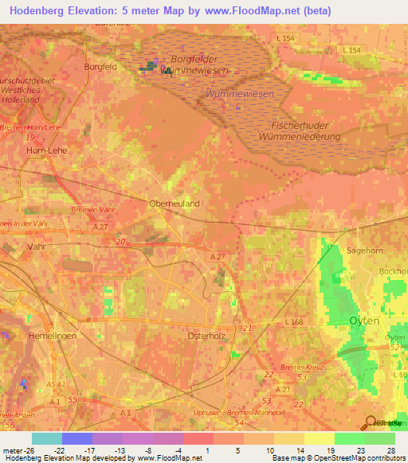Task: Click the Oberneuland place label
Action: coord(175,204)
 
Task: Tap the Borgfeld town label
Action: coord(100,67)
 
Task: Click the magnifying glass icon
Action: coord(371,423)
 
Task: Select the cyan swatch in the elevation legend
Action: coord(47,438)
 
